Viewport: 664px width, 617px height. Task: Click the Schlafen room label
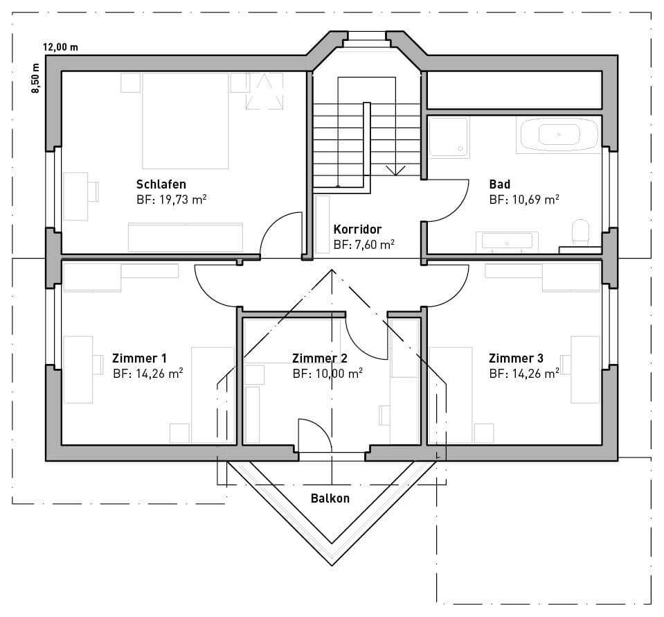[161, 184]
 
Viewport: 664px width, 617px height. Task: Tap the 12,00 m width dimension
[60, 47]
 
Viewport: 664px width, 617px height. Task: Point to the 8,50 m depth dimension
[35, 78]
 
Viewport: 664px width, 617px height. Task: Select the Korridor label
[357, 229]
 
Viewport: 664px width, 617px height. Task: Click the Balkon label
[330, 498]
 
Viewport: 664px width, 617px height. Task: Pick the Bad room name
[500, 184]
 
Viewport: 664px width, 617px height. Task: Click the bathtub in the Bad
[559, 135]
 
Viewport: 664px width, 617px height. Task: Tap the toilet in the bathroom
[580, 232]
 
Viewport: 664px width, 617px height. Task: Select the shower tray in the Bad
[449, 138]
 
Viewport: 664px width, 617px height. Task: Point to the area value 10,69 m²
[536, 200]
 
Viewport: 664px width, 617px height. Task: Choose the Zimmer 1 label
[139, 358]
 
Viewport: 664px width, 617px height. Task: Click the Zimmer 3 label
[516, 358]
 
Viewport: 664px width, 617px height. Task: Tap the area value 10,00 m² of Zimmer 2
[339, 374]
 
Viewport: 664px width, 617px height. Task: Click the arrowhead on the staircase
[395, 171]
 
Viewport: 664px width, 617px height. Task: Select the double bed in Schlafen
[186, 121]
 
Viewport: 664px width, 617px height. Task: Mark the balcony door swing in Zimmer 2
[318, 430]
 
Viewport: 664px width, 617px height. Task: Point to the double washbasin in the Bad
[507, 242]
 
